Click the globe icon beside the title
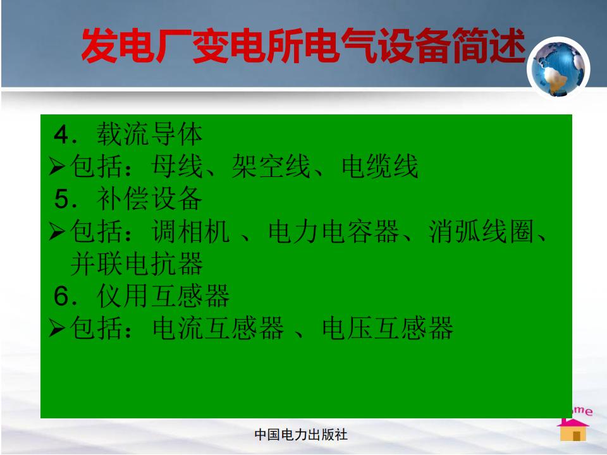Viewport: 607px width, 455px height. [558, 68]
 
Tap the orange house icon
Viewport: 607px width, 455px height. [573, 430]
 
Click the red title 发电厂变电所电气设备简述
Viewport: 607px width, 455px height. [303, 45]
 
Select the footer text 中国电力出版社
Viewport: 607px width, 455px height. [301, 435]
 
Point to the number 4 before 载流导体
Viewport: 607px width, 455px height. [61, 135]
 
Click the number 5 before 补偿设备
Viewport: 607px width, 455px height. [61, 199]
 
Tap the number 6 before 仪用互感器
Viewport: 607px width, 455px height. [61, 296]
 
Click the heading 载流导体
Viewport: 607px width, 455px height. [149, 134]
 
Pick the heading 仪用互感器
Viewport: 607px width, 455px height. [163, 296]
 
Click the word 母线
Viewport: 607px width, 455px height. [177, 166]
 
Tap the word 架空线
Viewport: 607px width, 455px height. [271, 166]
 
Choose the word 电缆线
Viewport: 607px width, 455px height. [380, 166]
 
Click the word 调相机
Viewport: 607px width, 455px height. [190, 231]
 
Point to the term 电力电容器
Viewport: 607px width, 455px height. [334, 231]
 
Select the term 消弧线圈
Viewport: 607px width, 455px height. [481, 231]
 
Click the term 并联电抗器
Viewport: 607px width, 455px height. [137, 264]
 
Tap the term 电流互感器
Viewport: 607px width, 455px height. [218, 328]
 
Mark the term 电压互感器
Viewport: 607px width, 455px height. [388, 328]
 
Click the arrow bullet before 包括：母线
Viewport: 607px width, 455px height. [57, 167]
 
